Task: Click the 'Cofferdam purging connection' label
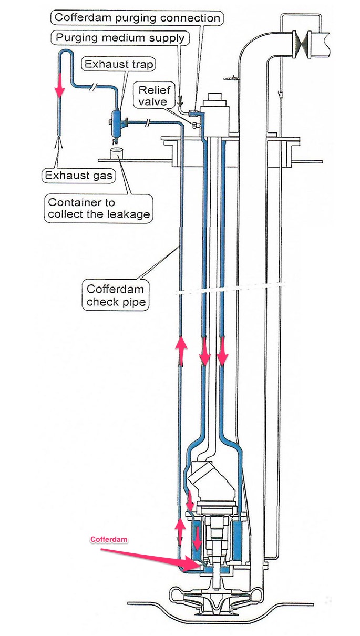click(137, 17)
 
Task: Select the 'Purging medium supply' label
click(120, 37)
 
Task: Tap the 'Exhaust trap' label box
click(119, 64)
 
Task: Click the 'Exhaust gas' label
click(79, 175)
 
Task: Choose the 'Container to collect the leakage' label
click(98, 208)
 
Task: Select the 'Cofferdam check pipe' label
click(116, 295)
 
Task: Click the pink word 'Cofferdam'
click(109, 539)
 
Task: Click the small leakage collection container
click(116, 152)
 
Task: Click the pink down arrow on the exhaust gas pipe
click(59, 84)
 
